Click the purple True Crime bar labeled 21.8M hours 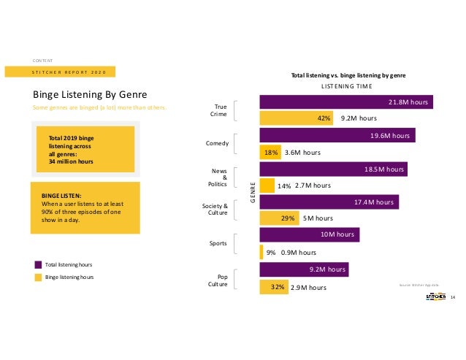click(346, 102)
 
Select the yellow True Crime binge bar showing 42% click(297, 117)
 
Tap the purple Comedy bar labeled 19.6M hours click(337, 135)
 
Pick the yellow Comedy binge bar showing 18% click(270, 152)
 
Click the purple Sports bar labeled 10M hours click(310, 235)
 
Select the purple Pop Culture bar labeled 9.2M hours click(304, 269)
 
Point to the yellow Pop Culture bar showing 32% click(274, 288)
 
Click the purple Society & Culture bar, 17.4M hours click(329, 202)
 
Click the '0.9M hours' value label click(298, 253)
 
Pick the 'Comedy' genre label click(218, 144)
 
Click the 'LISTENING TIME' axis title click(348, 86)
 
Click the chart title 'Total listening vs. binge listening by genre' click(348, 75)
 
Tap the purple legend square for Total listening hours click(38, 264)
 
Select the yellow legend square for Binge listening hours click(38, 277)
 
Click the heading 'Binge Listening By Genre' click(91, 95)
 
